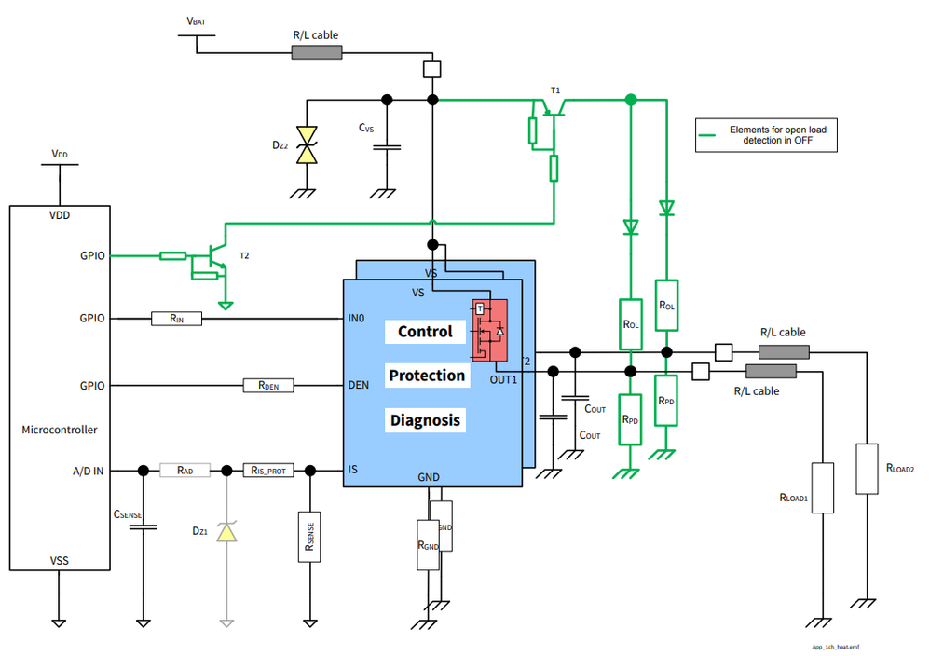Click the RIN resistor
[176, 319]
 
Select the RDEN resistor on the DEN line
[268, 385]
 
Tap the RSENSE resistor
[310, 537]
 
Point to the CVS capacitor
[387, 146]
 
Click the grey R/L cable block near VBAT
[316, 52]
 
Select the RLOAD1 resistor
[822, 487]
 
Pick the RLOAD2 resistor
[867, 469]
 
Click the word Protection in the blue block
[427, 376]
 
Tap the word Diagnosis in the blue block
[425, 420]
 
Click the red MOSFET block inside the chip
[488, 331]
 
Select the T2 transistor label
[245, 256]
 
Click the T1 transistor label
[555, 90]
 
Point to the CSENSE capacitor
[143, 527]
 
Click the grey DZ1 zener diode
[226, 532]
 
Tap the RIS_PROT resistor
[268, 471]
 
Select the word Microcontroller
[59, 430]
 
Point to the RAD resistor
[185, 471]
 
